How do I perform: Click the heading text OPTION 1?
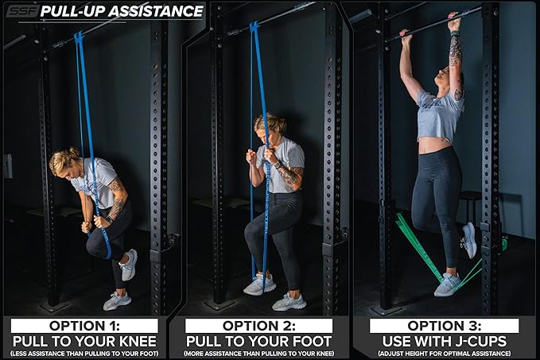84,325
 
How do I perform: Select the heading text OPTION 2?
258,325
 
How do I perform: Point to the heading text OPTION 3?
444,325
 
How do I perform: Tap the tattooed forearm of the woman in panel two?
288,176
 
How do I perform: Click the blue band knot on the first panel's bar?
79,37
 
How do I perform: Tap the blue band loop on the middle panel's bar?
254,28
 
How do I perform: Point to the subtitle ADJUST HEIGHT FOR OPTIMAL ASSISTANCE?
444,352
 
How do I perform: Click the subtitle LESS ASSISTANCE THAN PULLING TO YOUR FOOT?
84,352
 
